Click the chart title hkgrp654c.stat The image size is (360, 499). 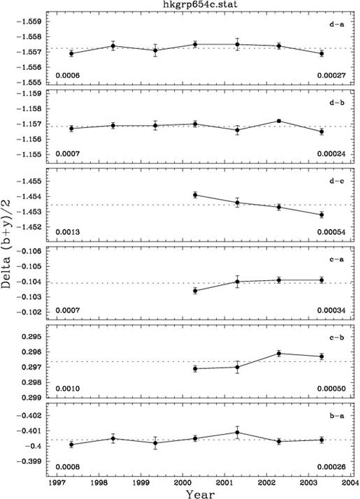(x=200, y=4)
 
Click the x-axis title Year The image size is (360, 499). (x=200, y=494)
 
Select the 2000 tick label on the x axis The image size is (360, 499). (x=182, y=482)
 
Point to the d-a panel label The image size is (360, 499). (x=336, y=24)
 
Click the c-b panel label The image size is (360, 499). (x=336, y=338)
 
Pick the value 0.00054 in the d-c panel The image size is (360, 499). (x=331, y=232)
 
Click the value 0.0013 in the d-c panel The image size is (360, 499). (x=68, y=232)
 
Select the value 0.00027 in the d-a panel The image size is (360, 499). (x=331, y=75)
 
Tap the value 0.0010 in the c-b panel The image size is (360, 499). (x=68, y=389)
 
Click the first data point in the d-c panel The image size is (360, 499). (x=195, y=195)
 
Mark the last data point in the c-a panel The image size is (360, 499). (x=322, y=280)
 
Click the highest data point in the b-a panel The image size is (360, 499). (x=237, y=433)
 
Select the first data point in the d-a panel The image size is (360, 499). (x=71, y=53)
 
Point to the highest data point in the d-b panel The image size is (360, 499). (x=279, y=121)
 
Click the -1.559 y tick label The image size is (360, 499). (x=30, y=22)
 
